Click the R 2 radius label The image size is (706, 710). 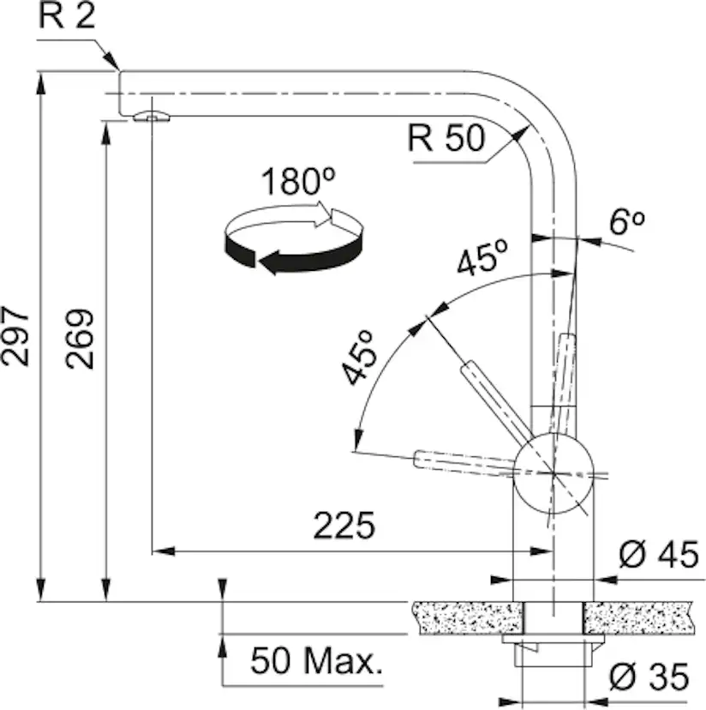click(x=67, y=17)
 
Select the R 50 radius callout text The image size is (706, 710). click(x=446, y=138)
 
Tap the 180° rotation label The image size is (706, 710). click(x=297, y=182)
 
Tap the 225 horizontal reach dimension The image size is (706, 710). click(x=344, y=526)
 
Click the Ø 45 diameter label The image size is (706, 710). click(x=653, y=556)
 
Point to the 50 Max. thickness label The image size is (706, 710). click(x=316, y=660)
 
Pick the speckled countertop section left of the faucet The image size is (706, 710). click(x=467, y=618)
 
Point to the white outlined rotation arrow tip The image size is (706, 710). click(x=329, y=215)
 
